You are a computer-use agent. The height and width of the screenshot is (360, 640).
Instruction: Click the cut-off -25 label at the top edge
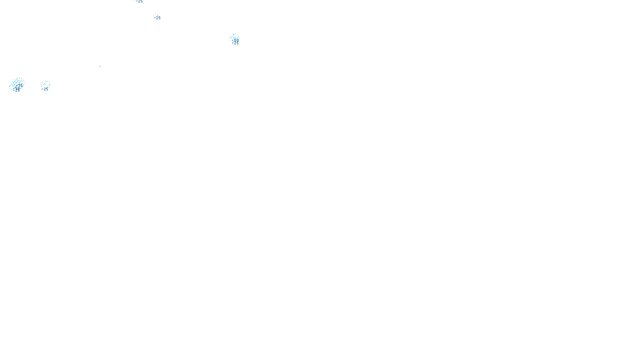click(x=139, y=2)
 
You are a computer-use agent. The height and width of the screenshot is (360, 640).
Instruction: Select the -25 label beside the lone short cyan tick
click(x=158, y=18)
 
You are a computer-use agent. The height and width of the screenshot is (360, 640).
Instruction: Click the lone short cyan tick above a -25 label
click(x=155, y=16)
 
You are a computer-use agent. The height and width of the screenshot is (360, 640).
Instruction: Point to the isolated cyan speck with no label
click(x=100, y=66)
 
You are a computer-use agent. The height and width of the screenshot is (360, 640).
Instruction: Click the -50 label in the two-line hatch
click(x=236, y=40)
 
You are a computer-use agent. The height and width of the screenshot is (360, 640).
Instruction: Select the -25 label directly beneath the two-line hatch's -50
click(x=236, y=43)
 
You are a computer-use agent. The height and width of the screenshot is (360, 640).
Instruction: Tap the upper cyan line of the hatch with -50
click(x=233, y=36)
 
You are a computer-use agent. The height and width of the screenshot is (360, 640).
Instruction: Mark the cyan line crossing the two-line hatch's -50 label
click(x=236, y=39)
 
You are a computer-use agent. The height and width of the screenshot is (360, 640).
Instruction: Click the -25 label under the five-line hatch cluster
click(x=16, y=90)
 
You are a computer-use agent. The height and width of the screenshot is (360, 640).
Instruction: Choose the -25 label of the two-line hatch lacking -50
click(x=45, y=89)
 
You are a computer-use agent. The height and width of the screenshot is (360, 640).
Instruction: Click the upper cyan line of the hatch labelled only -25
click(x=44, y=83)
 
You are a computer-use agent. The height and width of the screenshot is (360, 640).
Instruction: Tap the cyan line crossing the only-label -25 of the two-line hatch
click(x=46, y=87)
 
